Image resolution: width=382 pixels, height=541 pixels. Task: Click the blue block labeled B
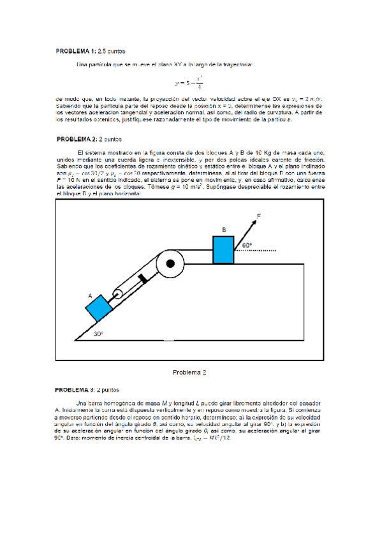pos(223,249)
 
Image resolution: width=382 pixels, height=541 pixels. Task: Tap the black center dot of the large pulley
pos(170,263)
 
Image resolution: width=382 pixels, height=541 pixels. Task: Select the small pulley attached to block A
pos(118,295)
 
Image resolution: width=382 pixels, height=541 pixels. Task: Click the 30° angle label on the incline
pos(98,334)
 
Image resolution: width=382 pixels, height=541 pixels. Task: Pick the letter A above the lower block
pos(90,296)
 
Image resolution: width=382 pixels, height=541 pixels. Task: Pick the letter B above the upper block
pos(224,230)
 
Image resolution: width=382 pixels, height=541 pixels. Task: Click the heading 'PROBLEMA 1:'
pos(75,50)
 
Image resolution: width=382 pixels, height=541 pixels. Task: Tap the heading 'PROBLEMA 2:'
pos(76,138)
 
